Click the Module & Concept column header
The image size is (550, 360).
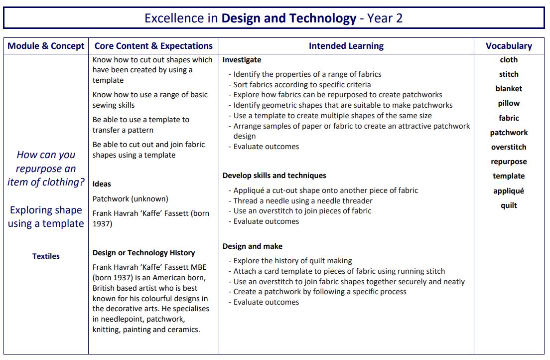46,46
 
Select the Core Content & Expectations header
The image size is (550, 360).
153,46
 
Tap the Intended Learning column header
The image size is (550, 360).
346,46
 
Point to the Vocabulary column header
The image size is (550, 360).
509,46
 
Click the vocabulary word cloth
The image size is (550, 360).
509,60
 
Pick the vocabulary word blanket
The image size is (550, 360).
509,89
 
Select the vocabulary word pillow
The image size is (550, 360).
509,103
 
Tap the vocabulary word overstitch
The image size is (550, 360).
509,147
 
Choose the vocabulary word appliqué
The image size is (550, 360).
509,191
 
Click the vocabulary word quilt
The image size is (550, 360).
509,205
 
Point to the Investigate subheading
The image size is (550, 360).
242,60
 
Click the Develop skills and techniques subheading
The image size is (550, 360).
275,176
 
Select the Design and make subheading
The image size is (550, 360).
253,246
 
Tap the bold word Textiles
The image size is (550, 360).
46,256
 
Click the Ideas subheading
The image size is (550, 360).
102,184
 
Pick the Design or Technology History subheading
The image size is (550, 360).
143,253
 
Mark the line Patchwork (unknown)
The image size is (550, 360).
131,198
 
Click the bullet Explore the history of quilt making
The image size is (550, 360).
292,261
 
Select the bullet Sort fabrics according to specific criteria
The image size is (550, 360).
302,85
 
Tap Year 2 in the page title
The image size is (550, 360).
385,18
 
